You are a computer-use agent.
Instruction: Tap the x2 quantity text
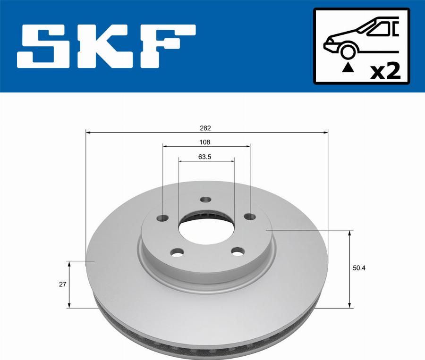(x=385, y=71)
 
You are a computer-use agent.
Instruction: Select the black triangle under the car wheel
(x=348, y=67)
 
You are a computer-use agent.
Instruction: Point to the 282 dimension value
(x=205, y=128)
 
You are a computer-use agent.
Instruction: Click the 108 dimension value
(x=205, y=142)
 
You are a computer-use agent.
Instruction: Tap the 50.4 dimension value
(x=360, y=268)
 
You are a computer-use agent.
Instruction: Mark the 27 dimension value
(x=62, y=284)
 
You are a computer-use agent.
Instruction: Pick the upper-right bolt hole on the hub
(x=250, y=216)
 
